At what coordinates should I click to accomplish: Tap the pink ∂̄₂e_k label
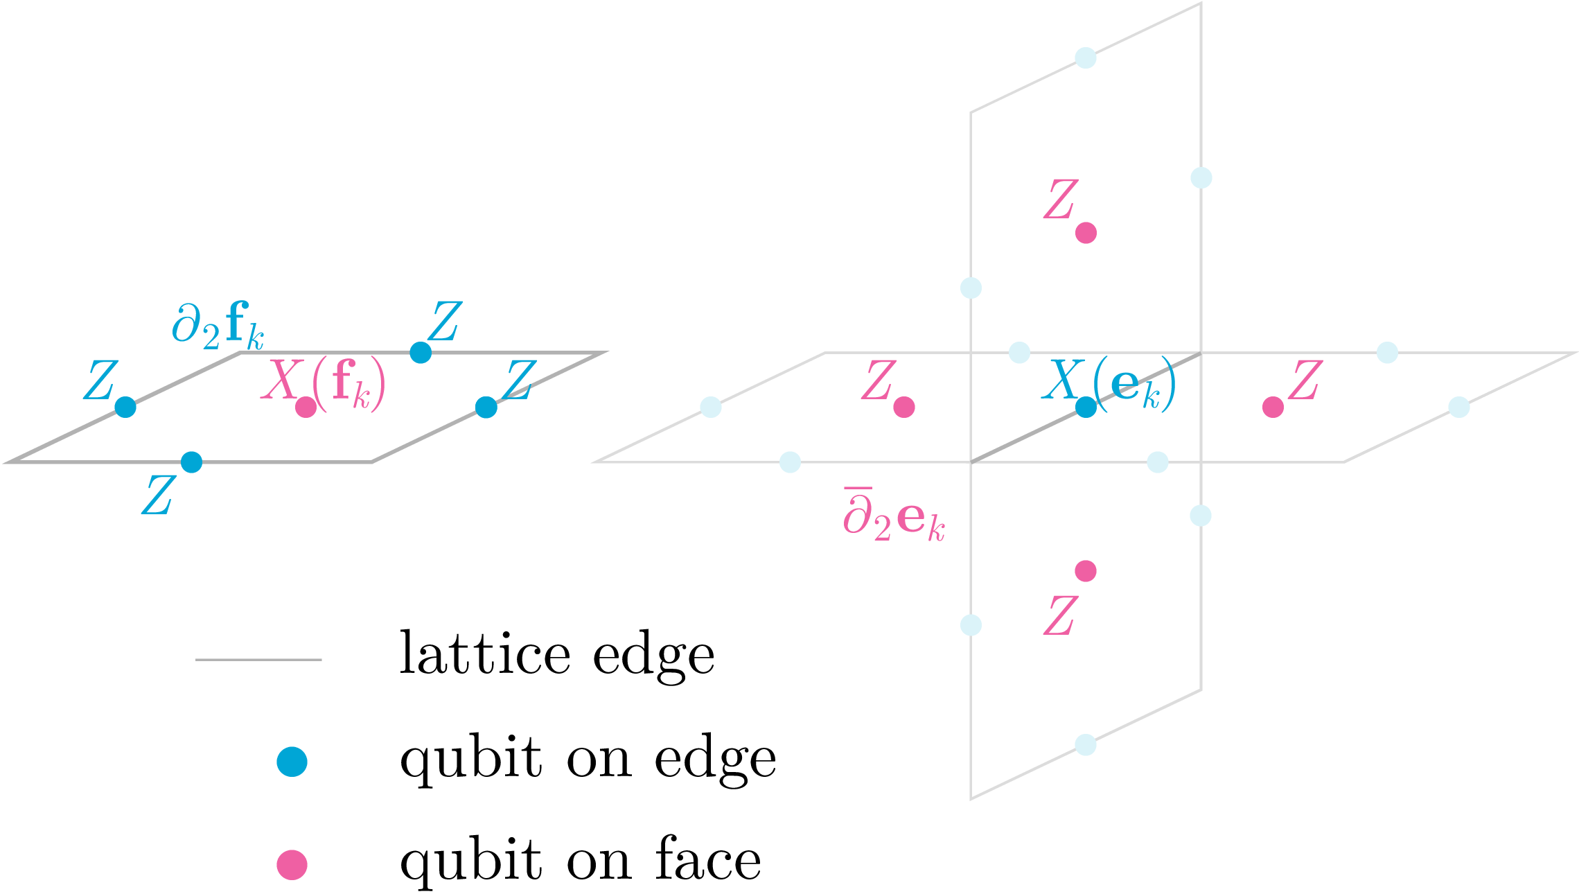point(894,515)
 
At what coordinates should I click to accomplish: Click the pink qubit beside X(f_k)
point(306,407)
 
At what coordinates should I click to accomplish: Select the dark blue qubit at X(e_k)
point(1086,407)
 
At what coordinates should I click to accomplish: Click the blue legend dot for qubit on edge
point(292,762)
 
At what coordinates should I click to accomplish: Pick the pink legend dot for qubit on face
point(292,865)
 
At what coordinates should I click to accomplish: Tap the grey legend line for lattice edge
point(258,660)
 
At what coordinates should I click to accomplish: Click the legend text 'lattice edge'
point(557,654)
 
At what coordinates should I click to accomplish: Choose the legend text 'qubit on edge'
point(588,760)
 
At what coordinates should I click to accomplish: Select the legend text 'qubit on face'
point(581,861)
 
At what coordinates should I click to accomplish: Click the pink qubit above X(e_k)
point(1086,233)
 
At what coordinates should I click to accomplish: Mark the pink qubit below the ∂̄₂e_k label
point(1086,571)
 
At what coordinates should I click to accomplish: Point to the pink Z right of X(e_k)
point(1305,380)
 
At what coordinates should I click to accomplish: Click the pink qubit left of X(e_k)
point(903,407)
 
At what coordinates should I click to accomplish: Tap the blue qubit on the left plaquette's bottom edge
point(191,462)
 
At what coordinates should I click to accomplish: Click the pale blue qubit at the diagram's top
point(1086,58)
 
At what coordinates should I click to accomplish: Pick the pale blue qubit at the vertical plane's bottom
point(1086,745)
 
